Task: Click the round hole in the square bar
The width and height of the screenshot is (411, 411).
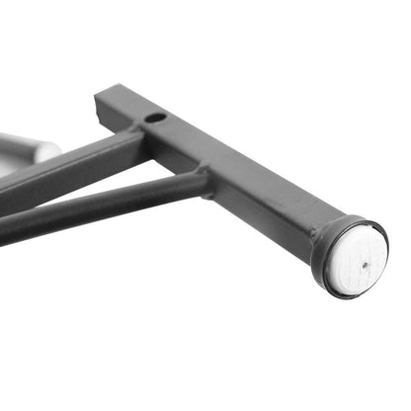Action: (155, 118)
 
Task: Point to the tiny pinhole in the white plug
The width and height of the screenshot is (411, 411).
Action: (364, 264)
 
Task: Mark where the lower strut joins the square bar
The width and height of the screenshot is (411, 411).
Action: (203, 182)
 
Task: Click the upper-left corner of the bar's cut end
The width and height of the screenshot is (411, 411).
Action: (97, 96)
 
